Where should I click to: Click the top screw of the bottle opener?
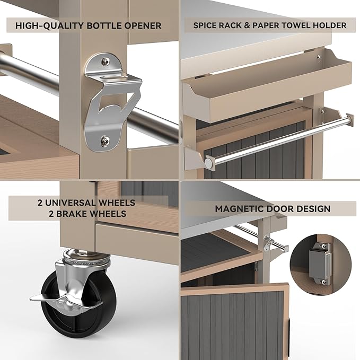point(106,61)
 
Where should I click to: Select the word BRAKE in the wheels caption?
point(72,214)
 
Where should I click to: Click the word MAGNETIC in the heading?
point(239,209)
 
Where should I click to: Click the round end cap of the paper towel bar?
point(209,163)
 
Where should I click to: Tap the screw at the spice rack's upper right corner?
point(318,57)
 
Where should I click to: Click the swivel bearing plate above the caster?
point(86,257)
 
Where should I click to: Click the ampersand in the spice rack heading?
point(247,25)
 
